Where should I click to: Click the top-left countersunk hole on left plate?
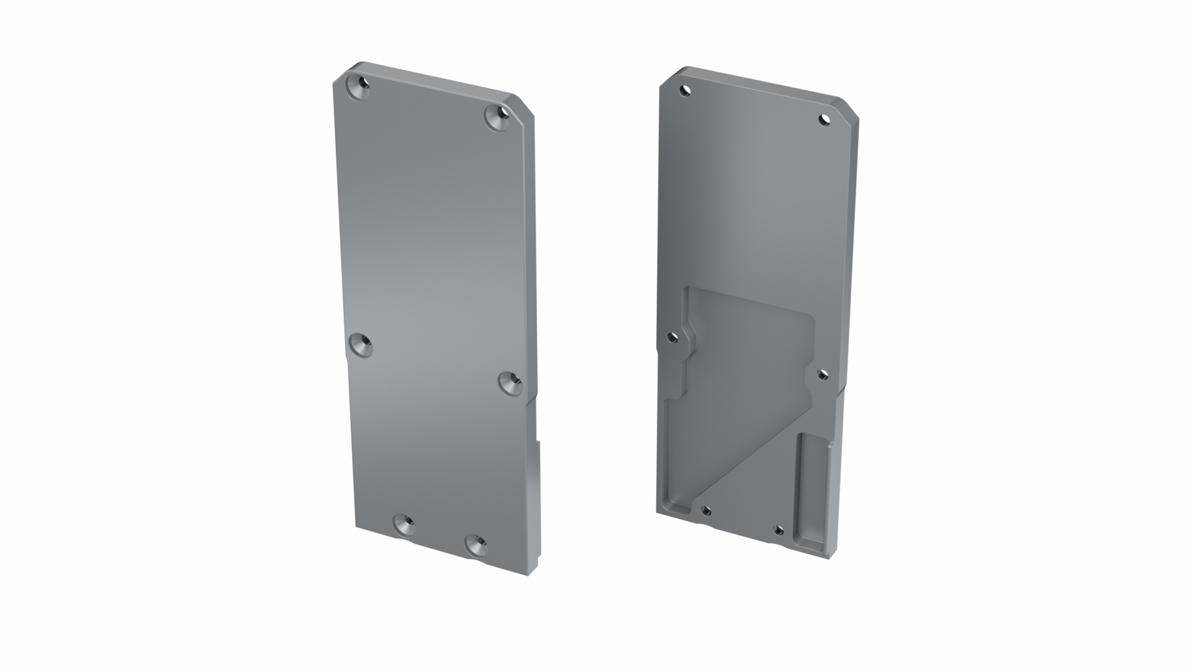358,88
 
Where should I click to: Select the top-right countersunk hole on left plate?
497,118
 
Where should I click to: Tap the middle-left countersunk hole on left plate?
360,345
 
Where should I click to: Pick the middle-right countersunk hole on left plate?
511,383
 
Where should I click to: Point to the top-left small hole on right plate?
685,91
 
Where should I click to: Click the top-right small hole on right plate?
825,119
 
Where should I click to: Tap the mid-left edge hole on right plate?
672,337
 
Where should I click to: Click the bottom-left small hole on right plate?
706,511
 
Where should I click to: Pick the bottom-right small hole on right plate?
777,530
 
